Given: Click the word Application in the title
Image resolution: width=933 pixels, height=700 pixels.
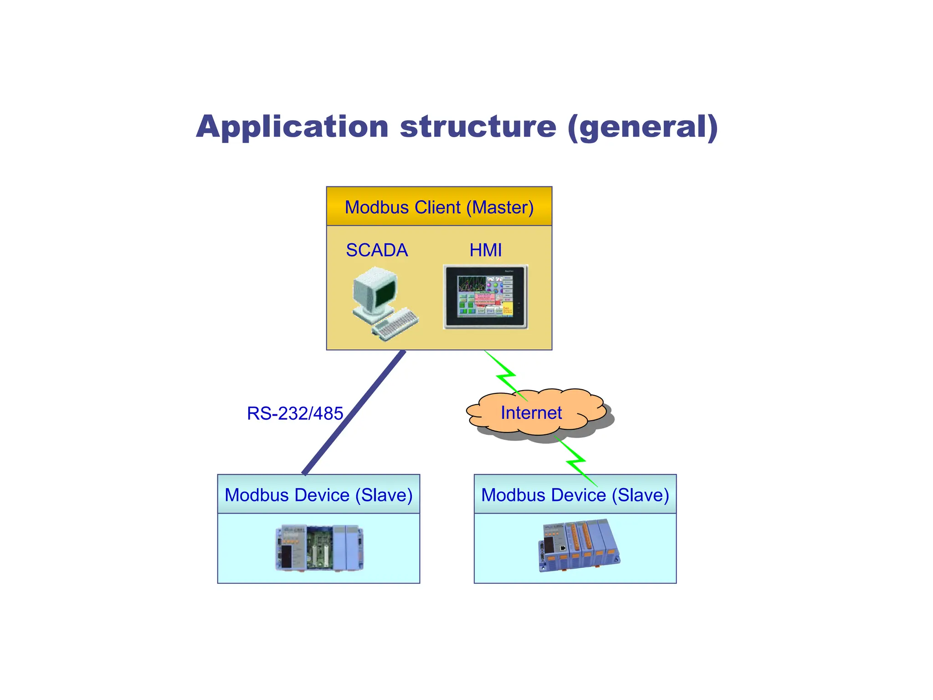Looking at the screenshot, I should click(292, 127).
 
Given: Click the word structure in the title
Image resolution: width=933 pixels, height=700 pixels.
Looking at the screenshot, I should click(478, 127).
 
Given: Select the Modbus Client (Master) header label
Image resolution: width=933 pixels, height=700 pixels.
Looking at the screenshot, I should click(439, 207).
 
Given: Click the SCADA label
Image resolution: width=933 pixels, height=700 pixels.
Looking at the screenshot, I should click(377, 250).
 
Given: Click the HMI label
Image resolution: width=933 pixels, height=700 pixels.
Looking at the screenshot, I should click(486, 250).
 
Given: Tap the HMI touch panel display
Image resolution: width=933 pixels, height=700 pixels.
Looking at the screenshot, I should click(486, 297).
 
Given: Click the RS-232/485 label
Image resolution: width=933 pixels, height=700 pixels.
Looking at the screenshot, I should click(295, 413).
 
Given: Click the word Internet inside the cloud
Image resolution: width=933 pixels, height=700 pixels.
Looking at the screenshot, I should click(531, 413).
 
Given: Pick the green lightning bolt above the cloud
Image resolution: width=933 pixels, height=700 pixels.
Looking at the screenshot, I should click(505, 376).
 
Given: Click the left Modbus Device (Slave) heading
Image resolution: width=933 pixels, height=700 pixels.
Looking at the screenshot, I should click(318, 495).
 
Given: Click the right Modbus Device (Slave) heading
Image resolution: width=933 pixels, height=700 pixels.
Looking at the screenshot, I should click(575, 495).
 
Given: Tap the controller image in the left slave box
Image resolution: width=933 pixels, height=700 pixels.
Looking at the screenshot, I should click(319, 548).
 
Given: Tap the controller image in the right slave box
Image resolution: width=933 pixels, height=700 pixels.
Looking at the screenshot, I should click(579, 545).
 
